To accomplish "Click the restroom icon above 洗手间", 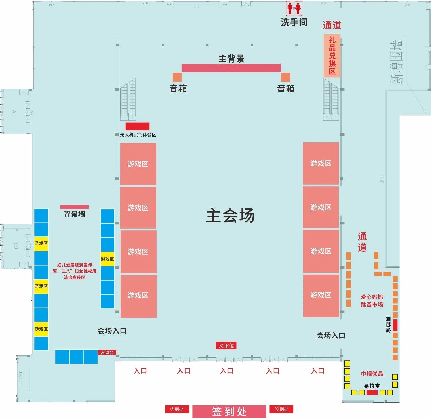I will [x=294, y=8].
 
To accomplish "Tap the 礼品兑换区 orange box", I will [x=332, y=55].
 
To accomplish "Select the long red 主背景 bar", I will [x=231, y=68].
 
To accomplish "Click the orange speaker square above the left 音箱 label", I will [x=177, y=77].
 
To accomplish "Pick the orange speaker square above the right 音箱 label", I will [x=286, y=77].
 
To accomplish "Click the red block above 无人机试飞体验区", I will [x=137, y=126].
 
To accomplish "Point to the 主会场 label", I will [x=230, y=216].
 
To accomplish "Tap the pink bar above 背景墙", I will [x=74, y=207].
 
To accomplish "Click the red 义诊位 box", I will [x=226, y=346].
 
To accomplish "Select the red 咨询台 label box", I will [x=107, y=353].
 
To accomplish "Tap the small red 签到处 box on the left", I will [x=177, y=409].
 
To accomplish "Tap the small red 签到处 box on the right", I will [x=281, y=409].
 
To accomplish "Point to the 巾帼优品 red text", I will [x=372, y=374].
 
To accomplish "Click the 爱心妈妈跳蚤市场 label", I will [x=372, y=301].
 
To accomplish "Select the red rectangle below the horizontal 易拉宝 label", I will [x=372, y=392].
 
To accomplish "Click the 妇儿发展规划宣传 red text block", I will [x=74, y=271].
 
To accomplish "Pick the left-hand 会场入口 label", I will [x=112, y=331].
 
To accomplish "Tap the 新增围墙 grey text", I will [x=396, y=62].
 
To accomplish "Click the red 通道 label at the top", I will [x=332, y=25].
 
